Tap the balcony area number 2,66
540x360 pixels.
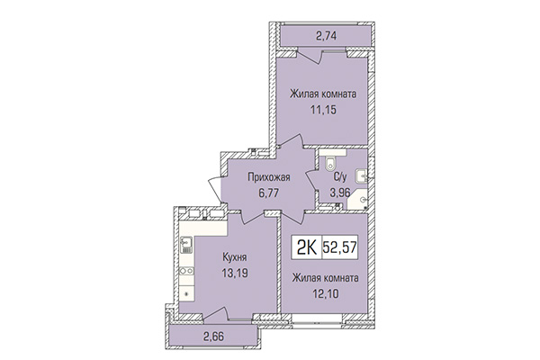[213, 339]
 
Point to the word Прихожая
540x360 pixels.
[255, 177]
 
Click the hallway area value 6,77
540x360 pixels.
[255, 192]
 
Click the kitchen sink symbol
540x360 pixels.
[185, 242]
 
